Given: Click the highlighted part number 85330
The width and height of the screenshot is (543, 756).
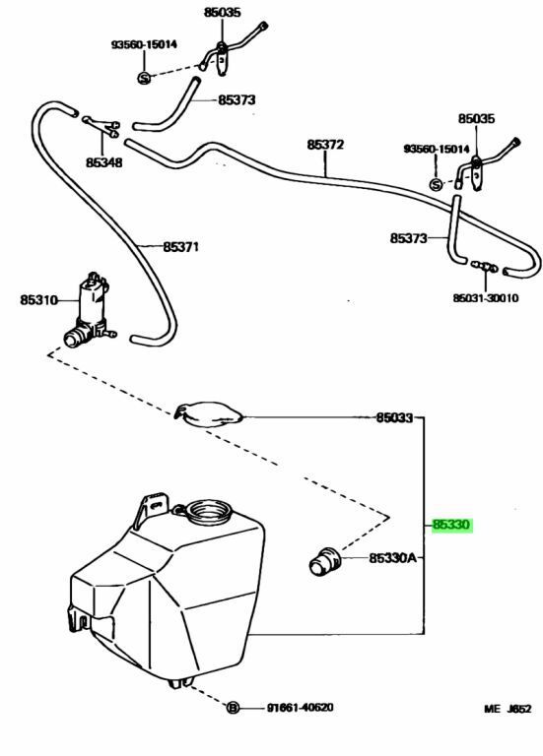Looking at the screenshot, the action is point(451,525).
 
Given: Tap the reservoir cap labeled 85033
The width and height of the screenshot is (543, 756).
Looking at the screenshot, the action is point(209,414).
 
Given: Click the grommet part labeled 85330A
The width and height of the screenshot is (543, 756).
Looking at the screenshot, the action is point(324,560).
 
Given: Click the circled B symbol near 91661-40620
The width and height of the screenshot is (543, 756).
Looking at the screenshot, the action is point(234,708).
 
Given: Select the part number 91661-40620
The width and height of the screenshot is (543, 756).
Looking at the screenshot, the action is point(300,708).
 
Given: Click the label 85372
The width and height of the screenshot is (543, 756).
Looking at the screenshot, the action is point(325,144).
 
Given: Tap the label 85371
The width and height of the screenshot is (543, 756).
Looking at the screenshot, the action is point(180,247).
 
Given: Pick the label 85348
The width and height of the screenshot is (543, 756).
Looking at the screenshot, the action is point(104,162).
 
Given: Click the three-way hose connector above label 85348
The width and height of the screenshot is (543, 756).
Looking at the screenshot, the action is point(102,126).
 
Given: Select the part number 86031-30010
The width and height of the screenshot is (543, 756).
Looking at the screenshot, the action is point(486,298).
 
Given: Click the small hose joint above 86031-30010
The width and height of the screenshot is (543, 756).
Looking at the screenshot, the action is point(484,266).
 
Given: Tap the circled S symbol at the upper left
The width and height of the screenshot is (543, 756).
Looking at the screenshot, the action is point(144,78).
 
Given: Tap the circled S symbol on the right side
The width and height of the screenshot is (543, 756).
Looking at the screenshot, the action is point(436,184).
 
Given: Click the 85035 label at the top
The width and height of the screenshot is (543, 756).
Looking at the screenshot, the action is point(222,12).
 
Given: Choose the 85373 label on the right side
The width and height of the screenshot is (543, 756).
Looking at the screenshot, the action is point(408,238).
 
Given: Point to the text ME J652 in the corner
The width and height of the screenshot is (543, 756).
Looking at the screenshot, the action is point(508,709).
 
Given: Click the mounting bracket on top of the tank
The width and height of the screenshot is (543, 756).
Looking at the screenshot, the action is point(152,510).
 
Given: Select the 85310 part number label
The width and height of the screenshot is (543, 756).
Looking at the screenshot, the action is point(38,300).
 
